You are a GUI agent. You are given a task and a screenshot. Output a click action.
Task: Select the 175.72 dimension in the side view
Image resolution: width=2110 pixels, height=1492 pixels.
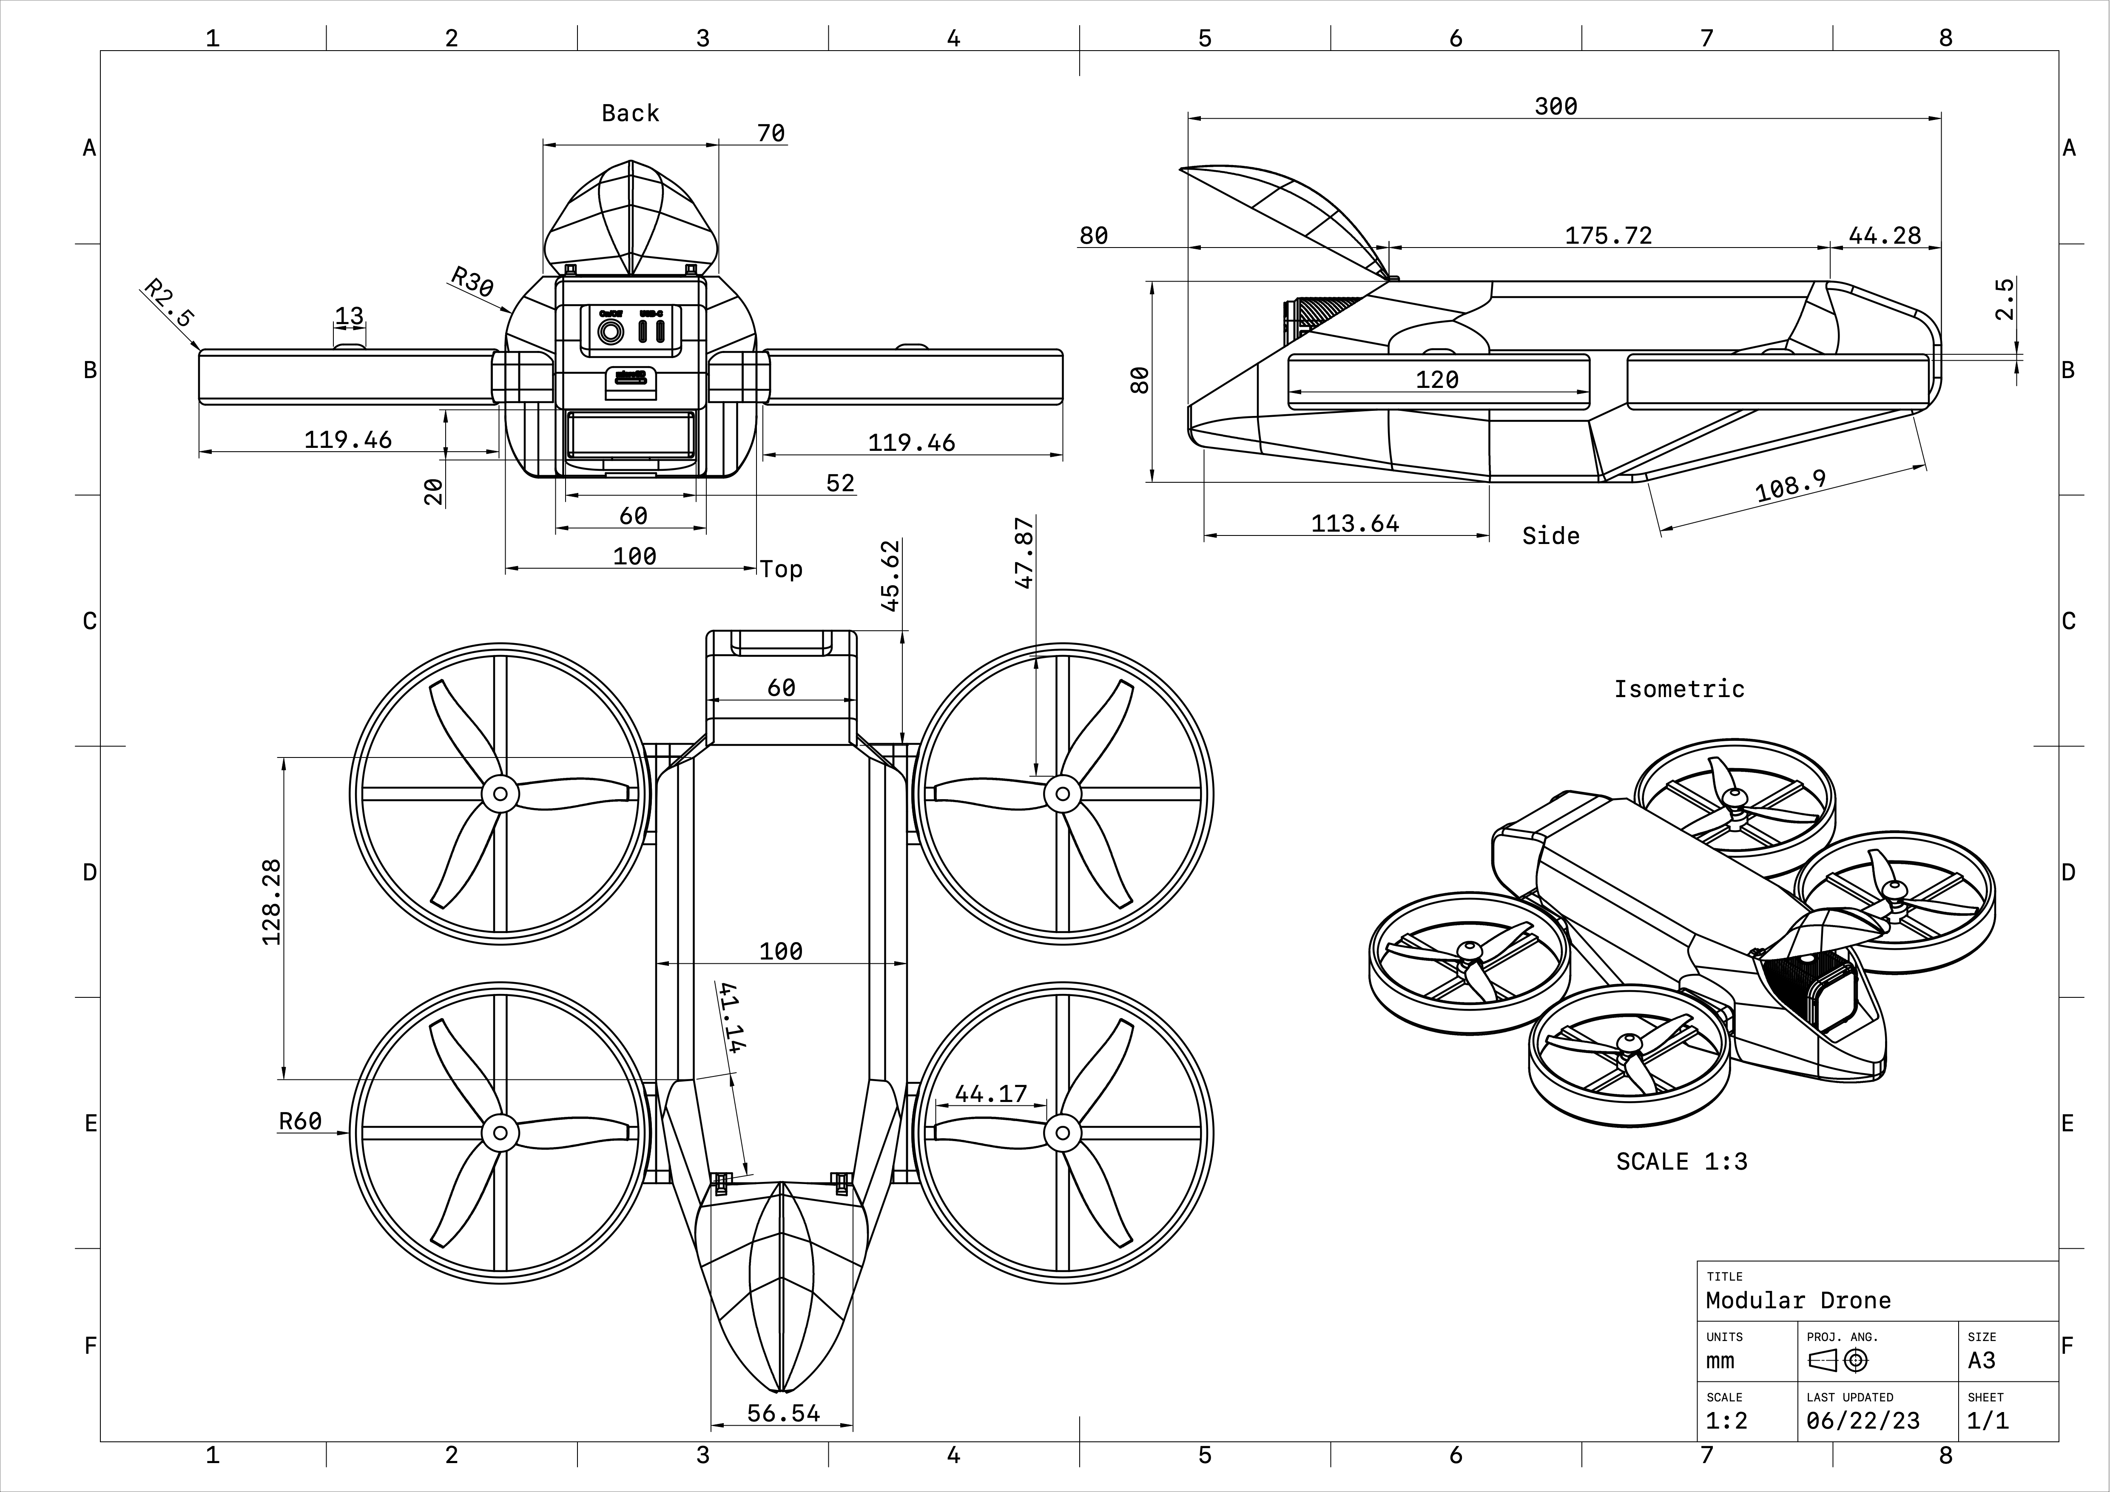[1608, 235]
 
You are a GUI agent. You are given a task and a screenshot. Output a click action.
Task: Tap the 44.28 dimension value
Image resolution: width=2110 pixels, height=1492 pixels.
[1884, 235]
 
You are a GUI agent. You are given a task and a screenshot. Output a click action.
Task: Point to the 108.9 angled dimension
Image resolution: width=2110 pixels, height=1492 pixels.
[1790, 485]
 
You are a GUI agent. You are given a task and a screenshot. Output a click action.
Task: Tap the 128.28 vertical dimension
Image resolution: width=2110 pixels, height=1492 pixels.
[272, 902]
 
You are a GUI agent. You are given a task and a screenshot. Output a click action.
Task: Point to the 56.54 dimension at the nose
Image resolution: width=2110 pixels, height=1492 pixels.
[783, 1413]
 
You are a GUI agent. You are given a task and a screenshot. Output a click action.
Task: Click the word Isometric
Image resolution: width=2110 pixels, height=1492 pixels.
[1679, 689]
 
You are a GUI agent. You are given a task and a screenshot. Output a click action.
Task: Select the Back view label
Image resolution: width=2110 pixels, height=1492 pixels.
[631, 113]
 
